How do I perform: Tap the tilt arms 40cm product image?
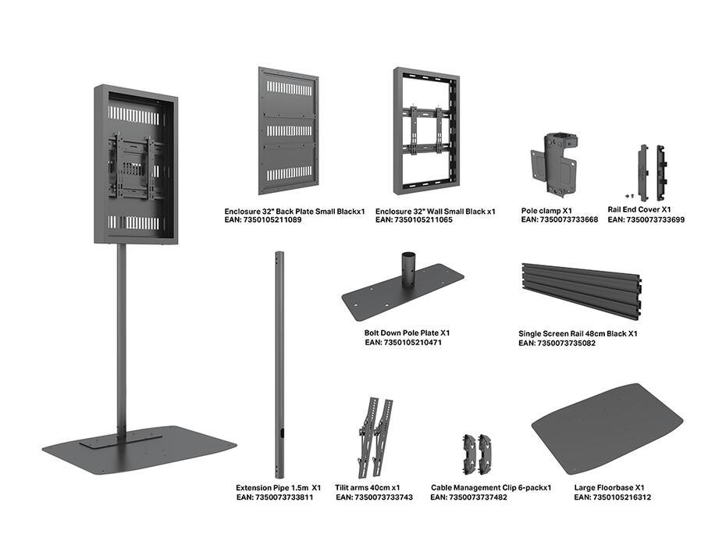(375, 437)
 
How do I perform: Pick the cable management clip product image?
(476, 453)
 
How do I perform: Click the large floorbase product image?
(607, 428)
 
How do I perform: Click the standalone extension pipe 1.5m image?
(279, 359)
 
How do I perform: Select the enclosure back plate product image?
(288, 130)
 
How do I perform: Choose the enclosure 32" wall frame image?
(425, 130)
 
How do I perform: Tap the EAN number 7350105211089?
(262, 221)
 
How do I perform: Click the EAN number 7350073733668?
(559, 220)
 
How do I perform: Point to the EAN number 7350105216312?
(612, 497)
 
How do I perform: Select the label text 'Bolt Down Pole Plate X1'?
(407, 333)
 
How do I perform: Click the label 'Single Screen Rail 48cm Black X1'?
(578, 333)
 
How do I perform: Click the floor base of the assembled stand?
(141, 449)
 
